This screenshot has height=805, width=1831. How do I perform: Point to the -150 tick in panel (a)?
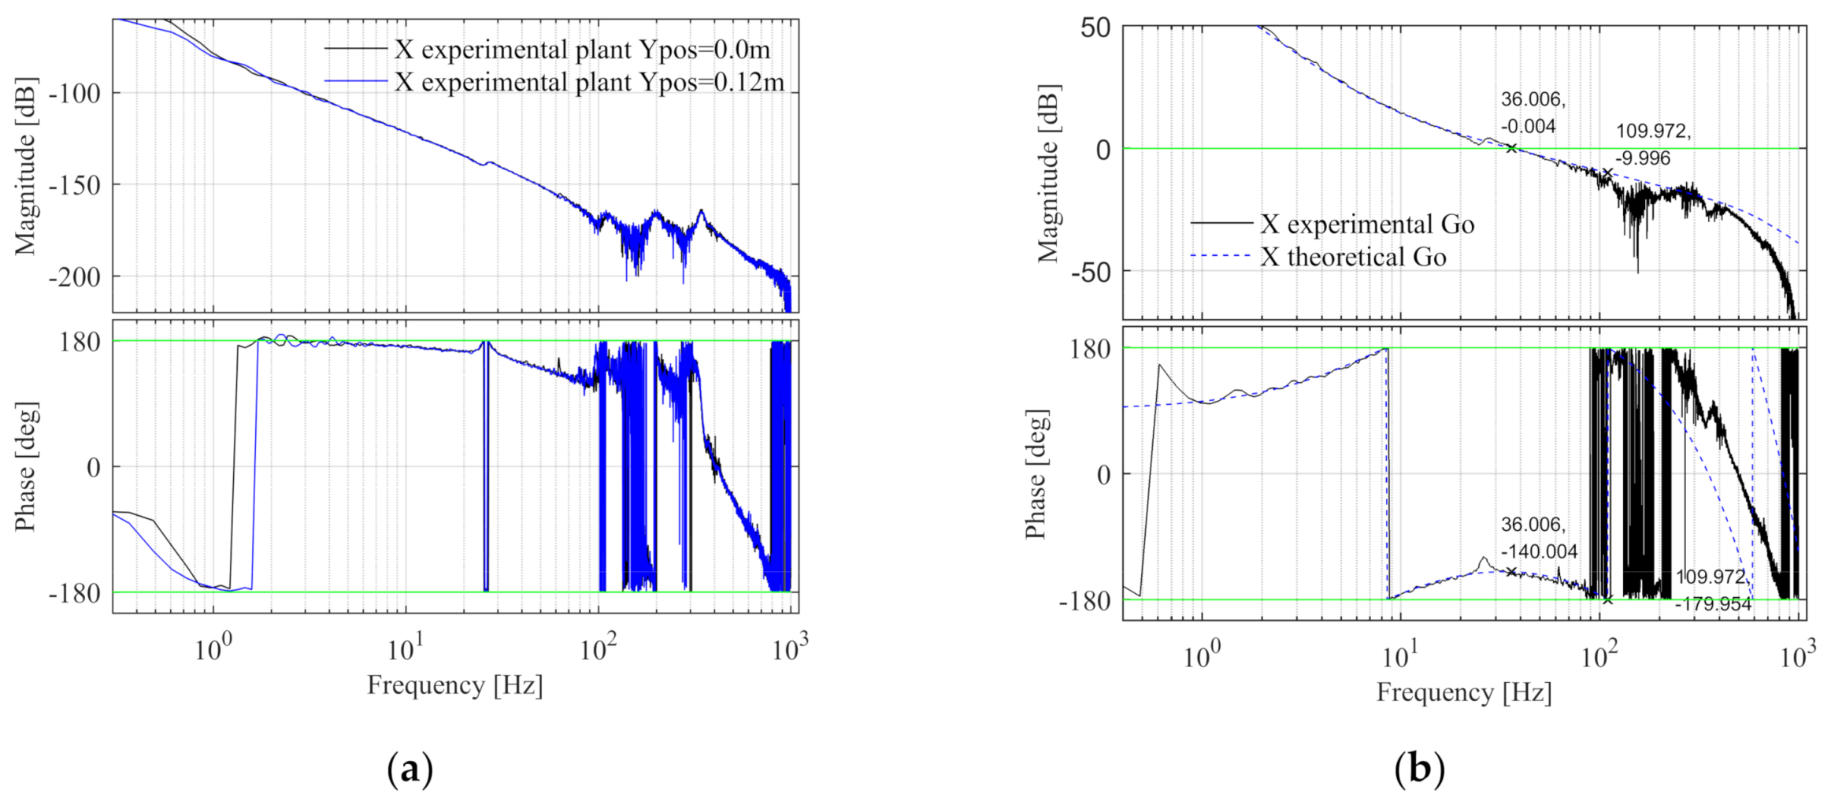(x=75, y=185)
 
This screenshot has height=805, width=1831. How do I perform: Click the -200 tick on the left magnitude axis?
(x=75, y=277)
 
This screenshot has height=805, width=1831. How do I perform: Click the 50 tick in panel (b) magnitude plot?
(x=1095, y=28)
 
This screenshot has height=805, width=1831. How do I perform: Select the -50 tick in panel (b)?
(x=1090, y=273)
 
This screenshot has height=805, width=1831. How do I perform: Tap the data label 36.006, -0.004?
(x=1532, y=113)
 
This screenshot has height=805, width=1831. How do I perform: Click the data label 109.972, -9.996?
(x=1652, y=144)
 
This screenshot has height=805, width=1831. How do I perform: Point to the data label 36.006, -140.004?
(x=1538, y=538)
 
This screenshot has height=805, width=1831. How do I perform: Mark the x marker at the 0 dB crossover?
(x=1510, y=148)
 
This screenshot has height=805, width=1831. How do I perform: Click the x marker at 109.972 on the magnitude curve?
(x=1607, y=172)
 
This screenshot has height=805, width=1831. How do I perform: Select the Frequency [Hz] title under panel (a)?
(x=454, y=685)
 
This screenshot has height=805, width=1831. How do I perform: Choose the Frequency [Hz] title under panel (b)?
(x=1463, y=692)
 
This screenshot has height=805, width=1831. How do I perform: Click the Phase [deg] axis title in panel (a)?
(x=26, y=466)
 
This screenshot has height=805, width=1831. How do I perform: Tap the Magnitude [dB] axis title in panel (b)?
(x=1048, y=172)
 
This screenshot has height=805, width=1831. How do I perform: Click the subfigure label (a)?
(x=410, y=769)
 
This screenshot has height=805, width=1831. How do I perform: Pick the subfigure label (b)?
(x=1419, y=769)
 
